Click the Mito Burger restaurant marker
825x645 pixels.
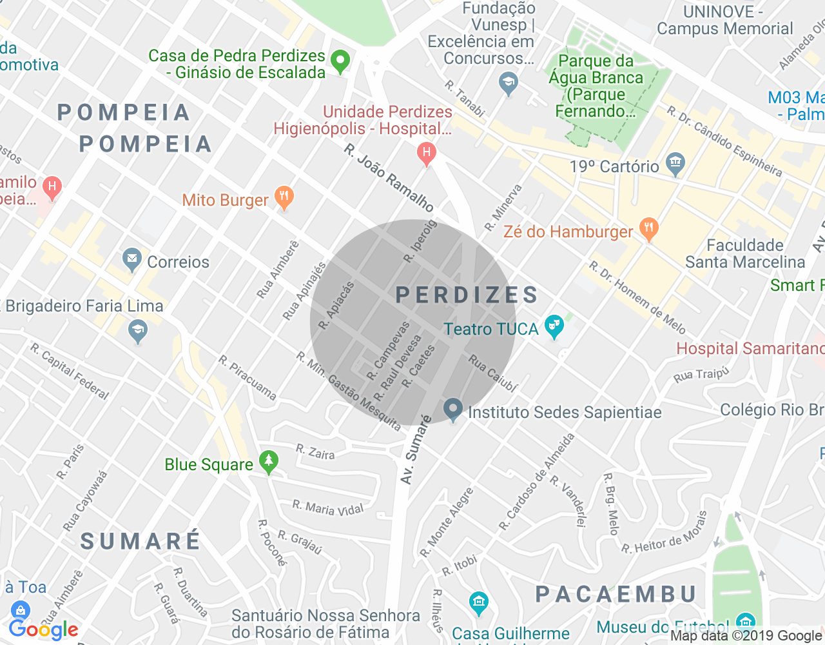284,197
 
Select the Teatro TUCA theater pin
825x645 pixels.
554,326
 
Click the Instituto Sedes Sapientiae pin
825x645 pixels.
453,408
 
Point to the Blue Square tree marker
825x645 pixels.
269,462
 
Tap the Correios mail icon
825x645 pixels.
132,260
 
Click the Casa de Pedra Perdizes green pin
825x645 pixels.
340,61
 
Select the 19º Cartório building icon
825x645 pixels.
675,163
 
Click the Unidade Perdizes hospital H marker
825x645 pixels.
426,153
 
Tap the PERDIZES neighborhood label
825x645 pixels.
467,295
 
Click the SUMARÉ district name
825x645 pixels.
141,541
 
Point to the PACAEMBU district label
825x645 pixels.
616,594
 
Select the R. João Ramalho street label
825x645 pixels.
389,177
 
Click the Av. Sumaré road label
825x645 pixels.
416,450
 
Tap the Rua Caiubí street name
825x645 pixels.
492,373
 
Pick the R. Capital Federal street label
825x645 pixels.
70,371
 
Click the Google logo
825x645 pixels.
43,630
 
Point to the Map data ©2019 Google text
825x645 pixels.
746,636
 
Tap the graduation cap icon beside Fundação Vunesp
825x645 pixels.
509,83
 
